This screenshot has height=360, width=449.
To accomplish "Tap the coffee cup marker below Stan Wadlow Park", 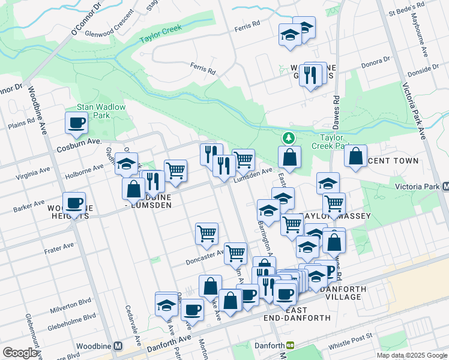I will pyautogui.click(x=76, y=123).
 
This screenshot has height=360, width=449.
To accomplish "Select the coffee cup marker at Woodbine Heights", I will pyautogui.click(x=74, y=203).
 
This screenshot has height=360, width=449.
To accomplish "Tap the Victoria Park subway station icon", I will pyautogui.click(x=445, y=187).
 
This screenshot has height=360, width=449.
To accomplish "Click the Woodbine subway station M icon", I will pyautogui.click(x=118, y=346).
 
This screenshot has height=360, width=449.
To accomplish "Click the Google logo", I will pyautogui.click(x=20, y=353).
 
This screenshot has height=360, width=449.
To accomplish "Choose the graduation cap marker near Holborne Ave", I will pyautogui.click(x=127, y=163).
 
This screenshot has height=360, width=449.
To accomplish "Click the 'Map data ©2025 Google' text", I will pyautogui.click(x=411, y=355).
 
